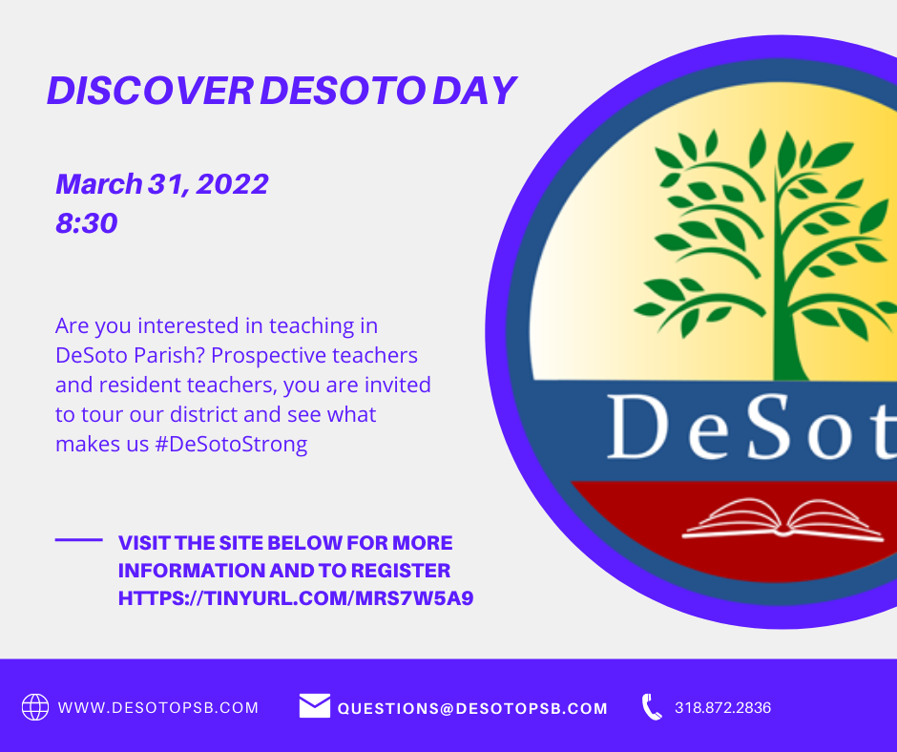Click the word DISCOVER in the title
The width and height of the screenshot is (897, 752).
point(150,91)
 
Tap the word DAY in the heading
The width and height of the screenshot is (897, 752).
point(475,91)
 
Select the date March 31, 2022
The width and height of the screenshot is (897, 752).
point(162,184)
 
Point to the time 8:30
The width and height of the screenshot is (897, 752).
point(87,222)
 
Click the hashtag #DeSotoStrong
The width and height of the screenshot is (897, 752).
point(231,444)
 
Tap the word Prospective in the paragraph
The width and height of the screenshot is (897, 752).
point(269,356)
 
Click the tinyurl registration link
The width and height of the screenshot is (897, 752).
point(296,598)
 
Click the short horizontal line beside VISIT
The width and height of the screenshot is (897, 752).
point(79,540)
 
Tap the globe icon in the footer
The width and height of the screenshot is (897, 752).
point(35,707)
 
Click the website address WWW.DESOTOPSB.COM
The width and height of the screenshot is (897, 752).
point(158,708)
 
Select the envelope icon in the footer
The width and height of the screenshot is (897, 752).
point(315,705)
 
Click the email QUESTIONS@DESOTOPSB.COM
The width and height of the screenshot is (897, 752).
point(472,708)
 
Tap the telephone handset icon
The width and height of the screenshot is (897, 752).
point(651,707)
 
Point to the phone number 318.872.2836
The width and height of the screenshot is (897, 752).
point(723,708)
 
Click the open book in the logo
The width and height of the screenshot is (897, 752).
point(782,520)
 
